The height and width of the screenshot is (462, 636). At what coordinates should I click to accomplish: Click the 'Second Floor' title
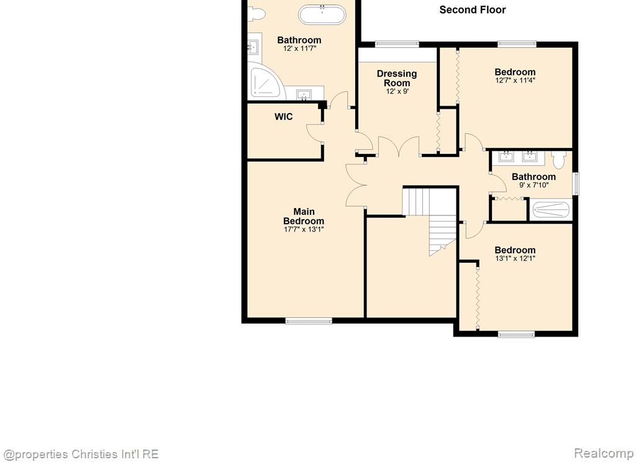473,10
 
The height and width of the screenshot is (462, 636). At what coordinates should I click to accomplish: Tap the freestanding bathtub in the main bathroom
322,15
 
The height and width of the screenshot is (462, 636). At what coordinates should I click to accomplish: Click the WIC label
283,117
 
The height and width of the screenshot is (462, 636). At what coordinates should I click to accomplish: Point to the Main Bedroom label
303,216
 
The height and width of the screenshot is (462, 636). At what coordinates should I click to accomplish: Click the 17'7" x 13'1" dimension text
304,230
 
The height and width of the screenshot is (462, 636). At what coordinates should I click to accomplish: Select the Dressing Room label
397,78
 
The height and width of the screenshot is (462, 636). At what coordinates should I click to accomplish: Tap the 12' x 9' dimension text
397,92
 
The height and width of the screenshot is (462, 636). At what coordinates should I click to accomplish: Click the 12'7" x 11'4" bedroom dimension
515,80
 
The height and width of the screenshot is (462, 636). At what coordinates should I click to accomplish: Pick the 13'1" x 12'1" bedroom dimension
515,258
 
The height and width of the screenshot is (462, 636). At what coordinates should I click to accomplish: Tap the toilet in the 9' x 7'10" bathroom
559,160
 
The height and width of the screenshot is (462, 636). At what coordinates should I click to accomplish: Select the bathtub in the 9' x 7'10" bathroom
551,210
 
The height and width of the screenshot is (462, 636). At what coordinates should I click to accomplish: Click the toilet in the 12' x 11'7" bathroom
257,14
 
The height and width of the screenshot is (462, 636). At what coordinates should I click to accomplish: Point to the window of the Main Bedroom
309,321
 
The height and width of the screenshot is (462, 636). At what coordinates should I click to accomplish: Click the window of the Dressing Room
397,43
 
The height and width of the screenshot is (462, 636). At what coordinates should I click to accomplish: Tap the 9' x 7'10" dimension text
534,186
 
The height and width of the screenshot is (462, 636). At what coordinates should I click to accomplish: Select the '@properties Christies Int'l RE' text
80,454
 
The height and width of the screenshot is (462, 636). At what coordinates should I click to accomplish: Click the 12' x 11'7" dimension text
299,48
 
